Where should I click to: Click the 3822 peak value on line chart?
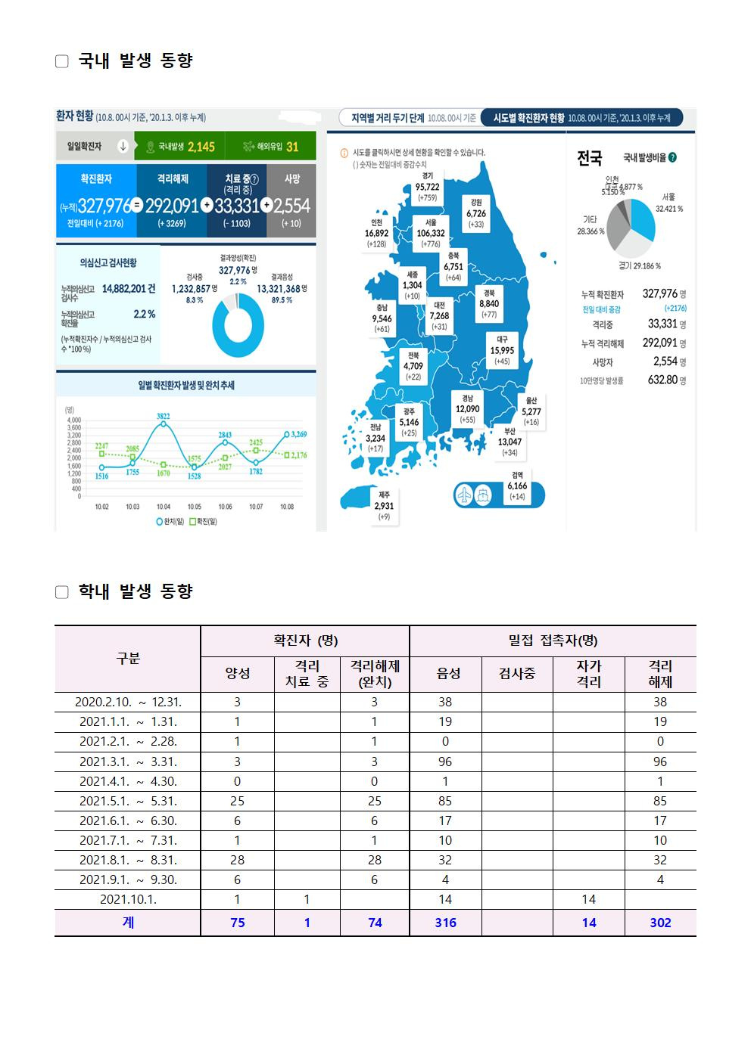164,416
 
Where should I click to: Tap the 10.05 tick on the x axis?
195,507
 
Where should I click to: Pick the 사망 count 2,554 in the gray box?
292,206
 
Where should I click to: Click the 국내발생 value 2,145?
201,147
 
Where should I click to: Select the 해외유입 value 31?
292,147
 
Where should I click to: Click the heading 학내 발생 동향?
136,591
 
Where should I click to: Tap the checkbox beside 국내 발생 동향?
62,61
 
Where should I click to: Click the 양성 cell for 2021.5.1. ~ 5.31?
237,801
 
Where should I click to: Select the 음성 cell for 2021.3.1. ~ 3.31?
445,762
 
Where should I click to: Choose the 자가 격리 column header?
588,674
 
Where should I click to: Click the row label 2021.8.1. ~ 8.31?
128,860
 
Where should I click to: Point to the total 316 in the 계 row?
445,923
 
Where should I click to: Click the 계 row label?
128,923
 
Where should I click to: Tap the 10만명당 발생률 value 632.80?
666,380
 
